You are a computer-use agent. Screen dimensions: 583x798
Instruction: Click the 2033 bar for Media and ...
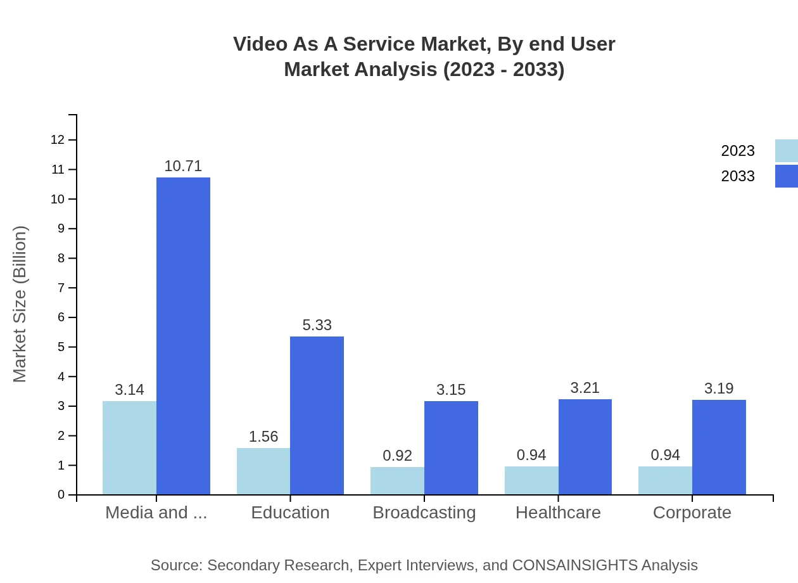pyautogui.click(x=183, y=336)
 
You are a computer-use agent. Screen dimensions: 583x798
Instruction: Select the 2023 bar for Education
pyautogui.click(x=263, y=471)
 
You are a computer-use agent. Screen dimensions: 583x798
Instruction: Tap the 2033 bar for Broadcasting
pyautogui.click(x=451, y=447)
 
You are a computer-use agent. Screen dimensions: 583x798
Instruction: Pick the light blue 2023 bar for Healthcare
pyautogui.click(x=531, y=480)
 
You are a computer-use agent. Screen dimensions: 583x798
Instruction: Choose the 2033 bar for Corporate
pyautogui.click(x=719, y=447)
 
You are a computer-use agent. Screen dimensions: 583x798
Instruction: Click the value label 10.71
pyautogui.click(x=183, y=166)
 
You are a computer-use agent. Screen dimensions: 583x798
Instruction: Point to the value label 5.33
pyautogui.click(x=317, y=325)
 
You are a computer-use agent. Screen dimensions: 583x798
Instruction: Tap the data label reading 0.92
pyautogui.click(x=398, y=456)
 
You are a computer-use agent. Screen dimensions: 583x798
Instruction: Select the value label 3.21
pyautogui.click(x=585, y=388)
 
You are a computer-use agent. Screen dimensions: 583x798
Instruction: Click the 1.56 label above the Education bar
pyautogui.click(x=263, y=437)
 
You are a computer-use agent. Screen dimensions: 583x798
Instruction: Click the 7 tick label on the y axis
pyautogui.click(x=61, y=288)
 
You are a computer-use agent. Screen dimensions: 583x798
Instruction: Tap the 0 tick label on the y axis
pyautogui.click(x=61, y=495)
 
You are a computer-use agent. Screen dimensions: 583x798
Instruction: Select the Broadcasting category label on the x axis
pyautogui.click(x=424, y=513)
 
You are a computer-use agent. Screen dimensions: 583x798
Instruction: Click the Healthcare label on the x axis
pyautogui.click(x=558, y=513)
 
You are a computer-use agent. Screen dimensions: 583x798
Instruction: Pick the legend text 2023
pyautogui.click(x=738, y=151)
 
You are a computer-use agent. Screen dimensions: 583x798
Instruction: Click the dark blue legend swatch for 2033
pyautogui.click(x=786, y=176)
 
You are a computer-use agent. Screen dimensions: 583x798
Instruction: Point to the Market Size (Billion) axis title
pyautogui.click(x=20, y=304)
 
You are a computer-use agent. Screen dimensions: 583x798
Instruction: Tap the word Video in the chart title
pyautogui.click(x=256, y=44)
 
